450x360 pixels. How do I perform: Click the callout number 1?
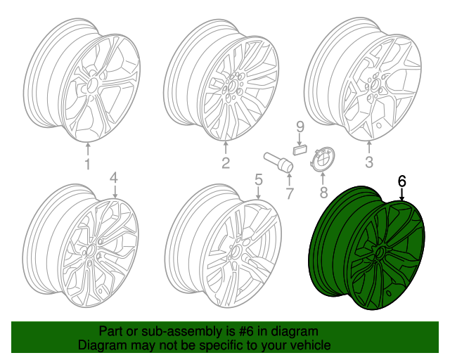88,165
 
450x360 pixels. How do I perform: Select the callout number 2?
226,165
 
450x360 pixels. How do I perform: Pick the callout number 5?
258,180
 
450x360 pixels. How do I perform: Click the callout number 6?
401,181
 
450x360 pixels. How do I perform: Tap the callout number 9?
299,127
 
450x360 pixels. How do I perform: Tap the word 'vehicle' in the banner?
310,345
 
